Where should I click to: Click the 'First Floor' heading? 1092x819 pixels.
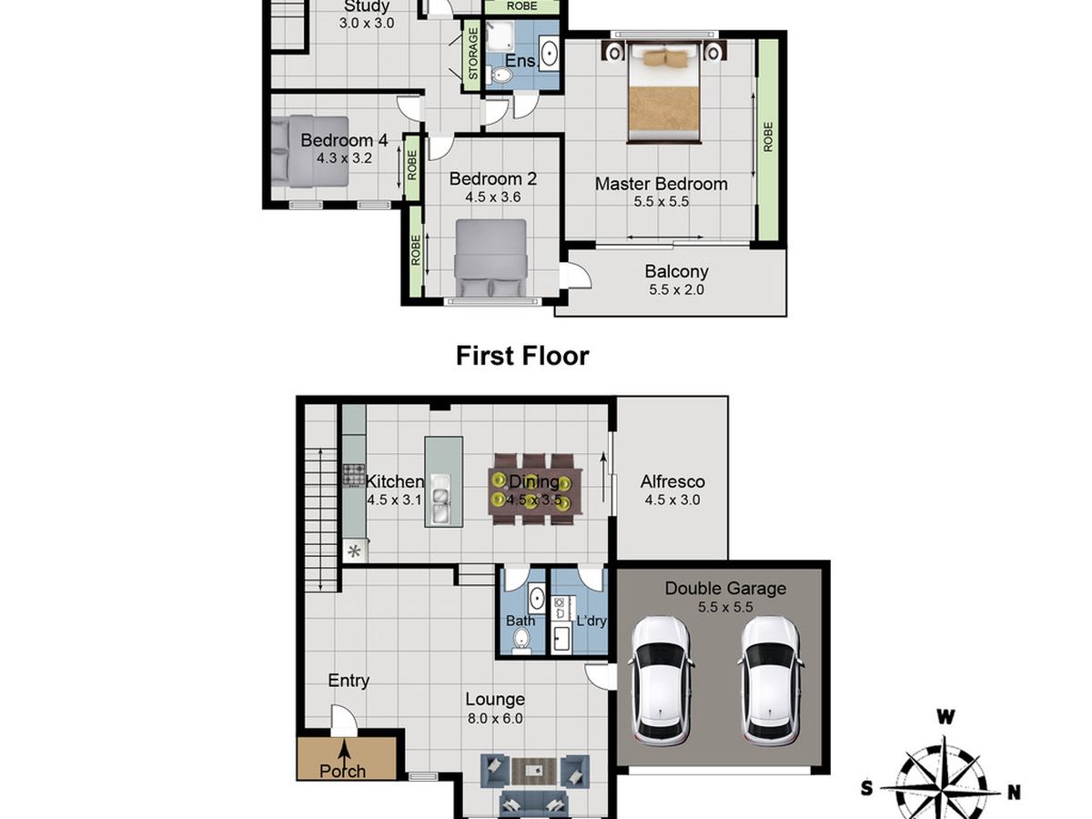522,356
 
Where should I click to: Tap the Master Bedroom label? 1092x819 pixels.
661,184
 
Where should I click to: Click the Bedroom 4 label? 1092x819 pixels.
344,140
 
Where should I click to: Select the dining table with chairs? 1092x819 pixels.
532,489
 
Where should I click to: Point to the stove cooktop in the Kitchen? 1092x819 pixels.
354,474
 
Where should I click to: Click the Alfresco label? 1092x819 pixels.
672,482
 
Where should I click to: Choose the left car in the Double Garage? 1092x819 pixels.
661,678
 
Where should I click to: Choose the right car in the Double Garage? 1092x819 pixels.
770,678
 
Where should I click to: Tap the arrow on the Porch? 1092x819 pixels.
346,750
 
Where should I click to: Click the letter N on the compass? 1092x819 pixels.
1014,791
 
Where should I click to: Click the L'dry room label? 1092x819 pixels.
591,622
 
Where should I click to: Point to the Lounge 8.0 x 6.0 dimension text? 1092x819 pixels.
495,718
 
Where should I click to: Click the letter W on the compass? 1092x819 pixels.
945,718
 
